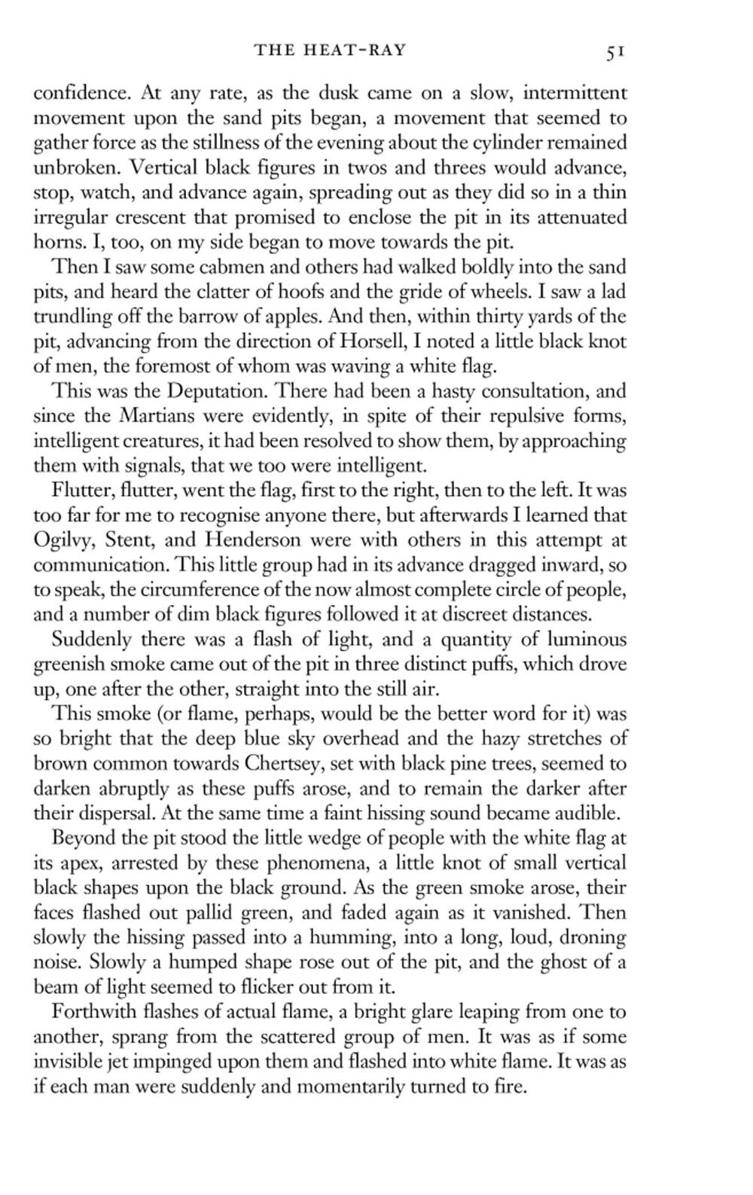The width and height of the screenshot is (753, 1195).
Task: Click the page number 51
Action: [x=615, y=51]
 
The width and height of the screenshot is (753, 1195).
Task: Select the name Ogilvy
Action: [x=65, y=541]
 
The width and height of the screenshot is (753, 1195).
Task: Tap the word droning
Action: [x=591, y=937]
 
